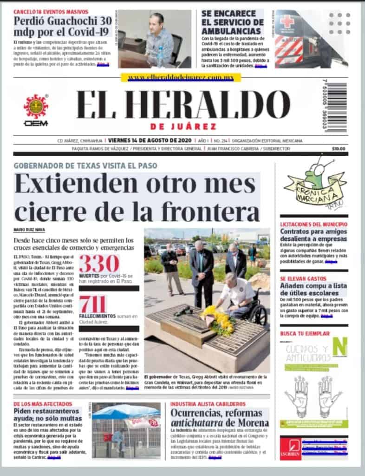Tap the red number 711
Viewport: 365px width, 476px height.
click(x=92, y=305)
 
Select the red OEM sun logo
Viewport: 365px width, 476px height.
click(x=36, y=106)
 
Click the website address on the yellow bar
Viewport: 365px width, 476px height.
click(x=181, y=78)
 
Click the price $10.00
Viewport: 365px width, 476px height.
click(x=339, y=149)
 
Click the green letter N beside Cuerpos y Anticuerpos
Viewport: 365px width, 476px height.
click(x=341, y=347)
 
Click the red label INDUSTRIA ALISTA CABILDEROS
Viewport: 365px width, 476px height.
click(x=208, y=404)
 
